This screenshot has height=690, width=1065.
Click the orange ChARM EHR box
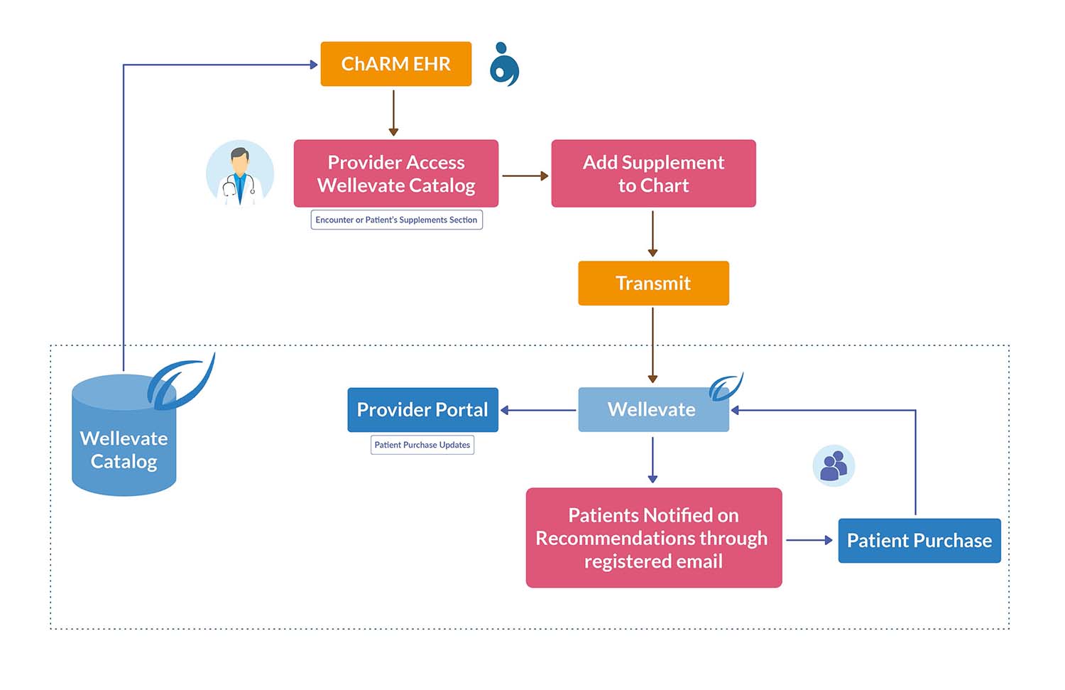pos(395,64)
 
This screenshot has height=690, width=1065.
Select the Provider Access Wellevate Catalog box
pos(395,173)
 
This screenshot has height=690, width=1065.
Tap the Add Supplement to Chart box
pos(653,173)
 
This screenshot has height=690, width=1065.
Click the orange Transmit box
pos(653,283)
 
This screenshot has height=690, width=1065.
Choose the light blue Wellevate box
pos(652,410)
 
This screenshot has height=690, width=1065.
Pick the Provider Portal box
pos(422,410)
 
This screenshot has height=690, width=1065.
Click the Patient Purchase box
pos(919,541)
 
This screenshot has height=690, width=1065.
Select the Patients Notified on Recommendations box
pos(653,538)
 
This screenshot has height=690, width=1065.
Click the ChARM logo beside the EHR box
pos(505,65)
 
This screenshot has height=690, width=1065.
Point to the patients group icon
pos(834,466)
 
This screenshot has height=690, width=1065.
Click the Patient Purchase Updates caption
pos(422,445)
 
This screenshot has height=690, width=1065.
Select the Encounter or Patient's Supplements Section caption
pos(396,220)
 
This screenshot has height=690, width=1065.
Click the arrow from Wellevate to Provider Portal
pos(538,410)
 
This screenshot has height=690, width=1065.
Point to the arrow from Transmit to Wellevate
pos(652,345)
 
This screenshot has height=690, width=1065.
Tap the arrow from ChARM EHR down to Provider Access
pos(393,112)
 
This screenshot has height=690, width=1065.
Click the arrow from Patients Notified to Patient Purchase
pos(809,540)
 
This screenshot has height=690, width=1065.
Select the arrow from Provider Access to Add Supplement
pos(525,176)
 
